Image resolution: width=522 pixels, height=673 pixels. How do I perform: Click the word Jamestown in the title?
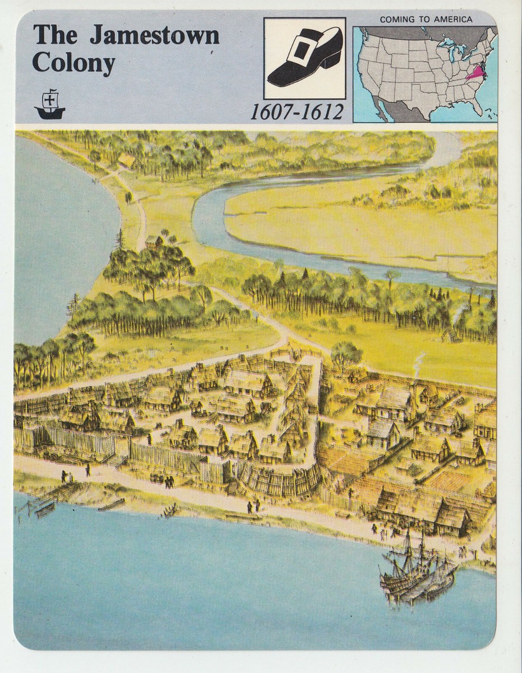pos(155,35)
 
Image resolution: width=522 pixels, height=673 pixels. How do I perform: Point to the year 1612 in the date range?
pos(322,112)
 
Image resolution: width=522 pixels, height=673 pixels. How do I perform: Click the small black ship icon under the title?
pos(50,104)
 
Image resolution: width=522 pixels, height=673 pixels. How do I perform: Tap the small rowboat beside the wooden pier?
pos(45,509)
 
